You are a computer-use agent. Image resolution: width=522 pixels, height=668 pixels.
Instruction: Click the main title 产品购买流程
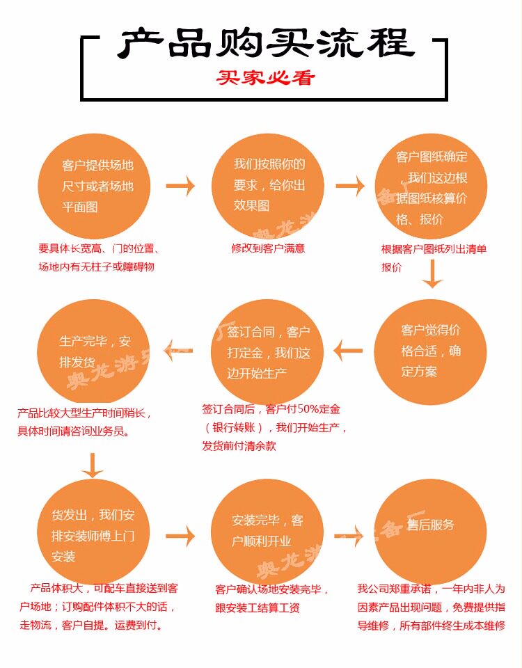click(x=265, y=43)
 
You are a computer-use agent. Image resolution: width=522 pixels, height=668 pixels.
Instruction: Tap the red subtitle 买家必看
click(x=265, y=77)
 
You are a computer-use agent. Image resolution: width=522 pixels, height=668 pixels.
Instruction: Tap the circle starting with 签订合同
click(x=267, y=352)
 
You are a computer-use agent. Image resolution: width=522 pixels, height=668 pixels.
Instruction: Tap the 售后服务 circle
click(x=431, y=532)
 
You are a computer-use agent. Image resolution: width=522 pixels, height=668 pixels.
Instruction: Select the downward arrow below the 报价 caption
click(x=432, y=273)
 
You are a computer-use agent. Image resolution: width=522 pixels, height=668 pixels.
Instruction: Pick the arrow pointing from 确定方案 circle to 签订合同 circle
click(x=348, y=351)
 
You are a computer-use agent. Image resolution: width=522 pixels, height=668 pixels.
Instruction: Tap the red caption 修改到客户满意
click(x=268, y=248)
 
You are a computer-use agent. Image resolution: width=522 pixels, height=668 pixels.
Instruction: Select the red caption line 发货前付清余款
click(x=239, y=446)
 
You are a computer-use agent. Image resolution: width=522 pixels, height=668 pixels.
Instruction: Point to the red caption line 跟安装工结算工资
click(x=258, y=607)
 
